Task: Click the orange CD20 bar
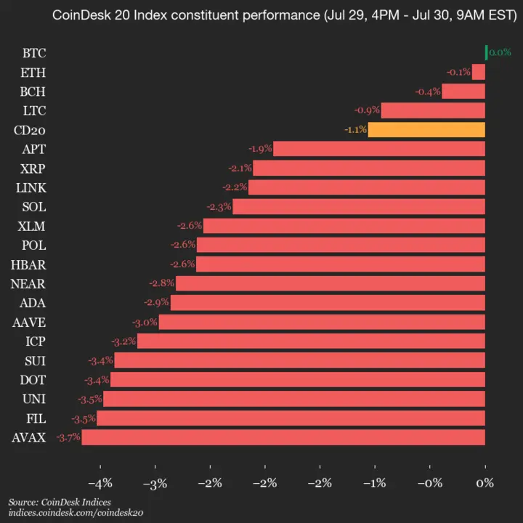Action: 426,130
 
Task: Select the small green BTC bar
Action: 486,52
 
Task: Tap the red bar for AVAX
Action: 283,437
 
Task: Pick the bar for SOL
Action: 359,206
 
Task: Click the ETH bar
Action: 478,72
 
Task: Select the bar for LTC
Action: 433,110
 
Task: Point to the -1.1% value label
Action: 354,130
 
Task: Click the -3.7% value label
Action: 68,437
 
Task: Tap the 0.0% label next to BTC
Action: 500,52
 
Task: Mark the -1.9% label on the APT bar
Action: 260,149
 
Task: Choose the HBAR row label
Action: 29,264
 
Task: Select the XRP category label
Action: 32,168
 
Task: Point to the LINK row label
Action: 31,187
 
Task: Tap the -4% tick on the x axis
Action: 100,483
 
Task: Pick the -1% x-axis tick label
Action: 375,483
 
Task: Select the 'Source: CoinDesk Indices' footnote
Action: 60,502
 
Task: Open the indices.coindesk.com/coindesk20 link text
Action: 76,513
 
